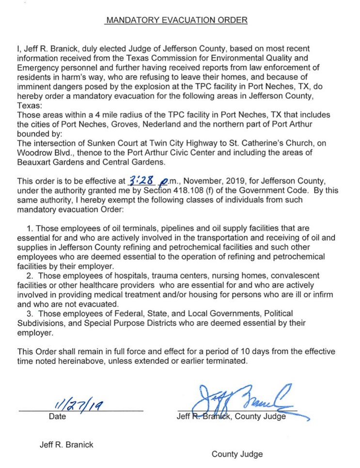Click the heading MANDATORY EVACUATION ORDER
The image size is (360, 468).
(x=177, y=20)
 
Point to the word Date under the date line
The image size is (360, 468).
(x=57, y=416)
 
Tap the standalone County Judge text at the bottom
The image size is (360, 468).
(x=237, y=454)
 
